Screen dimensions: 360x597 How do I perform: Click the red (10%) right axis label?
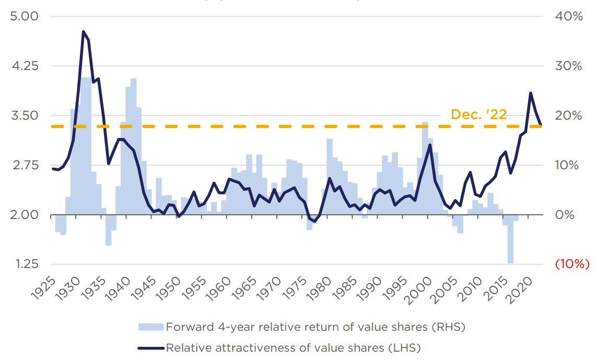[572, 264]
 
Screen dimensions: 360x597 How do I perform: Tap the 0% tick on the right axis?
[564, 215]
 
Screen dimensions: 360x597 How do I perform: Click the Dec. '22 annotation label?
[478, 114]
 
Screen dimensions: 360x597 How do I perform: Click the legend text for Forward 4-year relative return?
[315, 327]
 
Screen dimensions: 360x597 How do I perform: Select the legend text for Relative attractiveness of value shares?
[293, 347]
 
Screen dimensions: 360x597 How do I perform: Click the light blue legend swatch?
[151, 327]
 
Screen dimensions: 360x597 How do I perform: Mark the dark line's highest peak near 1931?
[84, 32]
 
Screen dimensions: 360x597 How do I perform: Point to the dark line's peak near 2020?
[531, 93]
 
